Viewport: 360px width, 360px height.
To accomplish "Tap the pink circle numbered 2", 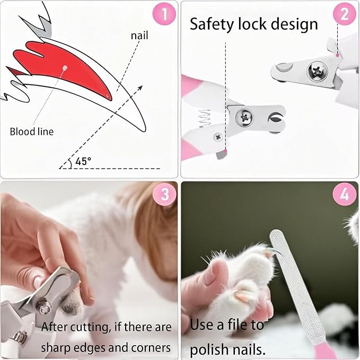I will tap(344, 14).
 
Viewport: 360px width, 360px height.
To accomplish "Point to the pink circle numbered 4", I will tap(344, 195).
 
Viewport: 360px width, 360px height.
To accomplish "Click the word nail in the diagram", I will tap(139, 36).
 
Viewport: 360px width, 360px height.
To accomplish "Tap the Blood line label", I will tap(32, 131).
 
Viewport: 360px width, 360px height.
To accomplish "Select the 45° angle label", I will tap(83, 161).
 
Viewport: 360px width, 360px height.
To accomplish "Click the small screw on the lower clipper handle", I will tap(218, 137).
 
